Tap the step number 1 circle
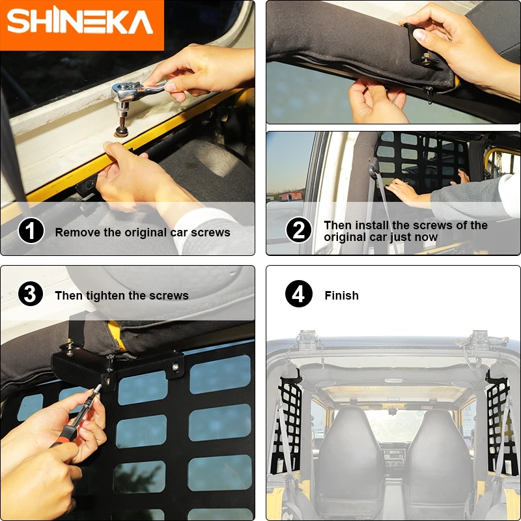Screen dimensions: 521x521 (31, 231)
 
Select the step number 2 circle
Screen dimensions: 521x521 (299, 230)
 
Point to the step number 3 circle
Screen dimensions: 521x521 (31, 294)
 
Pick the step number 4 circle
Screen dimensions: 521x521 (299, 294)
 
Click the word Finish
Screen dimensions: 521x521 (341, 296)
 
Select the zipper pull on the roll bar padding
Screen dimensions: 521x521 (429, 94)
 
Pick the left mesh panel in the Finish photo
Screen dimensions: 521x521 (287, 425)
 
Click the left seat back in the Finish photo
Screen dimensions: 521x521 (350, 453)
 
